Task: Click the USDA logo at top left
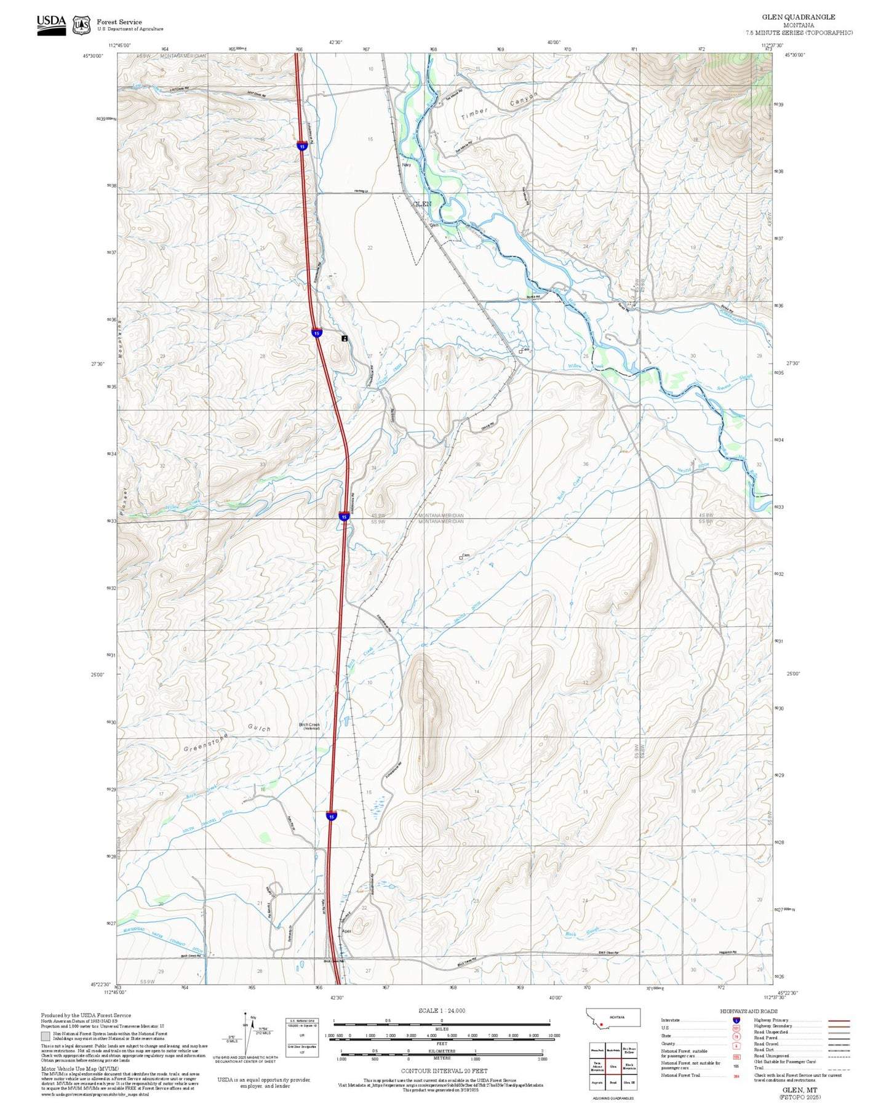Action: click(51, 25)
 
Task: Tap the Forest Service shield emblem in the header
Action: click(81, 25)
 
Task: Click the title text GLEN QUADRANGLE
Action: click(807, 17)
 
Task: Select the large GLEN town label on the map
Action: click(422, 204)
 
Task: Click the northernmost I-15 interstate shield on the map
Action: click(301, 146)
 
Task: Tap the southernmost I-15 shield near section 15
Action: click(332, 816)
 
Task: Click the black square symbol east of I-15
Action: click(345, 338)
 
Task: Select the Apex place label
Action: click(346, 931)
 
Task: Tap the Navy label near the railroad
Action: click(406, 165)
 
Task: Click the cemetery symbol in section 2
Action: click(461, 558)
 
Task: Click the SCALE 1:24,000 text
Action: click(442, 1010)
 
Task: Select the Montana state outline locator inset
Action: click(614, 1017)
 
